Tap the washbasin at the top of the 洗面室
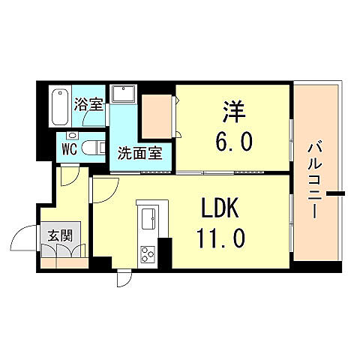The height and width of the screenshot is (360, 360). (122, 94)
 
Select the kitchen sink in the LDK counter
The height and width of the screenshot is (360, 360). (145, 219)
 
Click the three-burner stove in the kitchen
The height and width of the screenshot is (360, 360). (145, 253)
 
